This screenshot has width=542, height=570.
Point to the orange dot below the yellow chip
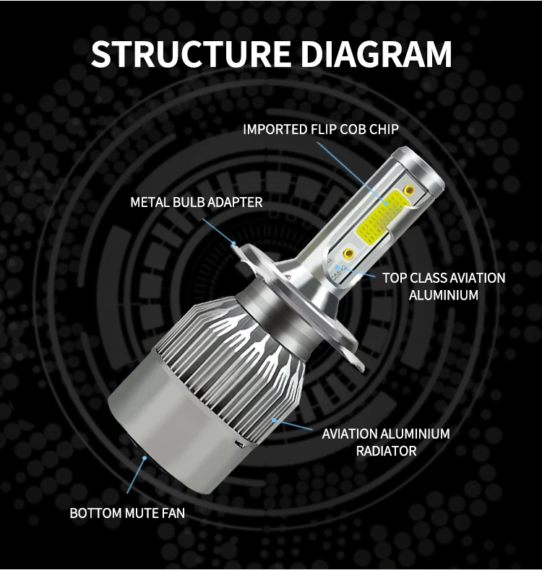point(348,255)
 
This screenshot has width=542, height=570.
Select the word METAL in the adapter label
point(149,203)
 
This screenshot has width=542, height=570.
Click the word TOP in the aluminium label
point(395,278)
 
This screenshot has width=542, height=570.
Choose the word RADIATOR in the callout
point(386,451)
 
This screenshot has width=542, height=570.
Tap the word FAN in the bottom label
point(173,514)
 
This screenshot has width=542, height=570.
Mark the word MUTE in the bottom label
point(141,514)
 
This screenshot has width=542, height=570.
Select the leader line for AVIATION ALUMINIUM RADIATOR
point(296,426)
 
